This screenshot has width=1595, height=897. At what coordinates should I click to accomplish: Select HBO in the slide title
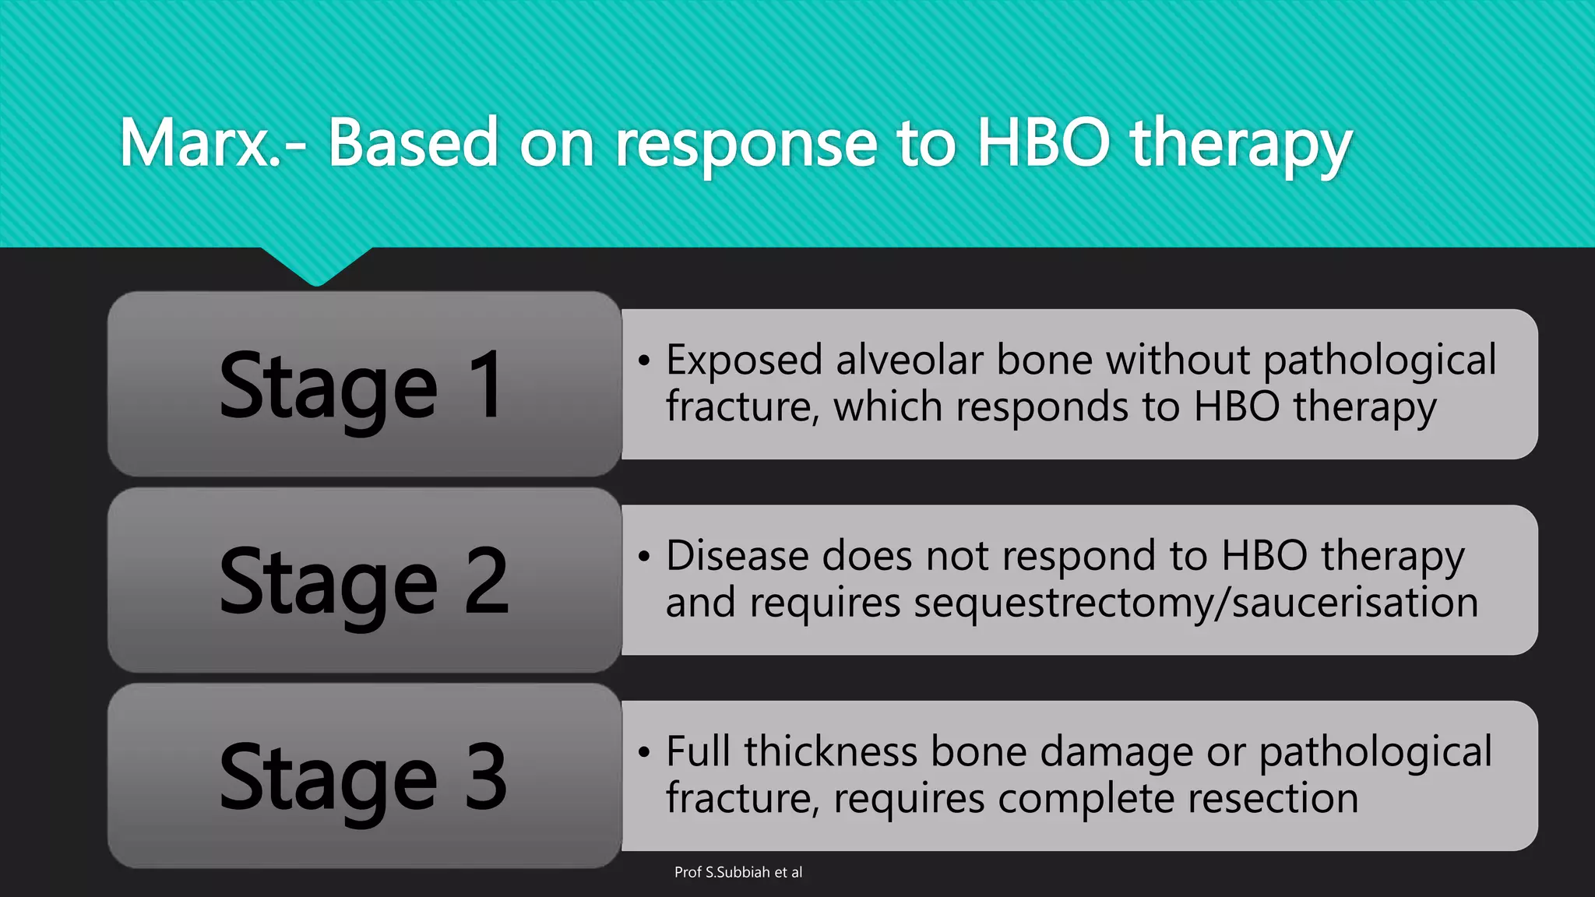click(1043, 143)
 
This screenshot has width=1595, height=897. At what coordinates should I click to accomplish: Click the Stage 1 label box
click(364, 385)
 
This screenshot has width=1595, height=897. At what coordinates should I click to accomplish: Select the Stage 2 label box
click(364, 580)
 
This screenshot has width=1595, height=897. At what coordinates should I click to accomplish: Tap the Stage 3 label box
click(364, 776)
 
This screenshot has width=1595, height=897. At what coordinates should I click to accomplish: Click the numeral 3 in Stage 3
click(486, 776)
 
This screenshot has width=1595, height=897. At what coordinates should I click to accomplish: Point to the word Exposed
click(744, 361)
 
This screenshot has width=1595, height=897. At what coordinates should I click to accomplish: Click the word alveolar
click(910, 361)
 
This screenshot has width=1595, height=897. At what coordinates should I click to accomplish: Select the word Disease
click(737, 557)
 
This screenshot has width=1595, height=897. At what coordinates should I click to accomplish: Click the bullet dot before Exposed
click(643, 361)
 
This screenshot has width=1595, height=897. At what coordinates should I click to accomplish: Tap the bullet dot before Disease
click(643, 557)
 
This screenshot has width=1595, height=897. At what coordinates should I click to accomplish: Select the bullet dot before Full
click(643, 753)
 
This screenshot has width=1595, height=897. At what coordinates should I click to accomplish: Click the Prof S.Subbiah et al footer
click(738, 873)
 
